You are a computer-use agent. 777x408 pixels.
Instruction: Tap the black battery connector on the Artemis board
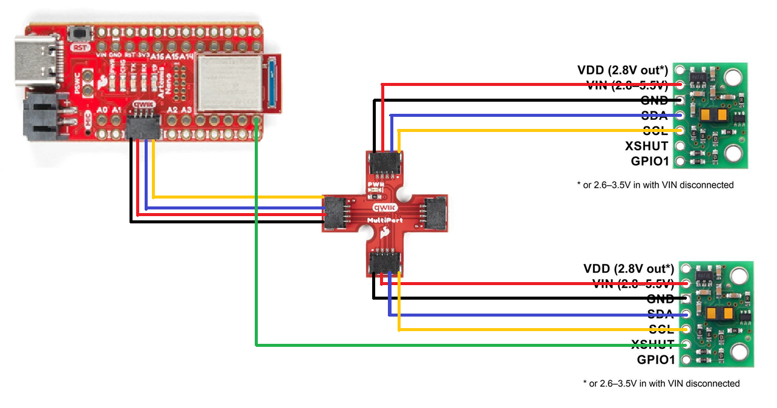(x=42, y=119)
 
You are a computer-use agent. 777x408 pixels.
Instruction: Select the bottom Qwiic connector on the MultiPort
(x=385, y=262)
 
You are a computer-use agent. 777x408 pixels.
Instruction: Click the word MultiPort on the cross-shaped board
(x=385, y=220)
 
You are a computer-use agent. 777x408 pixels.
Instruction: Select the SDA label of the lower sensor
(x=661, y=314)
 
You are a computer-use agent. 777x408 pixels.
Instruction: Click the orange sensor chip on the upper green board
(x=712, y=115)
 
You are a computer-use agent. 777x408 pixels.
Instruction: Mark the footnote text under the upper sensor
(x=655, y=185)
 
